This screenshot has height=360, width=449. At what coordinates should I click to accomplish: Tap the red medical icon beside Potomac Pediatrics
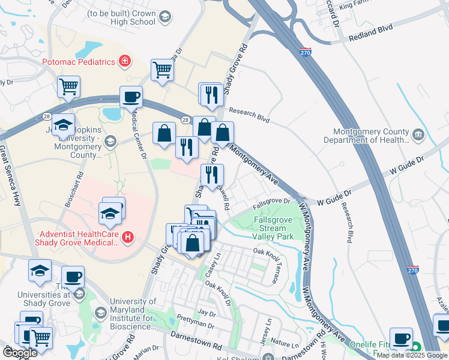tap(125, 61)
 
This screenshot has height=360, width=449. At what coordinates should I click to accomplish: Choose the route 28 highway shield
tap(187, 121)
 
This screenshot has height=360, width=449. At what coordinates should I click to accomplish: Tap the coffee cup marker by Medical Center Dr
tap(131, 97)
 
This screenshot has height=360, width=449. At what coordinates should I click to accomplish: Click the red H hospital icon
tap(127, 238)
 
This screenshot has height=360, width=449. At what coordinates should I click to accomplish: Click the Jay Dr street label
tap(207, 313)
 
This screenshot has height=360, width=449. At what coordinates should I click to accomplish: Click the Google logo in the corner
tap(20, 353)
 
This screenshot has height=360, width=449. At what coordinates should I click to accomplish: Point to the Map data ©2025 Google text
tap(412, 355)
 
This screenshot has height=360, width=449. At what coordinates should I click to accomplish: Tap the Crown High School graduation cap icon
tap(164, 18)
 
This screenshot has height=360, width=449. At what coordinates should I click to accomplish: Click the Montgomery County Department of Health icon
tap(418, 135)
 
